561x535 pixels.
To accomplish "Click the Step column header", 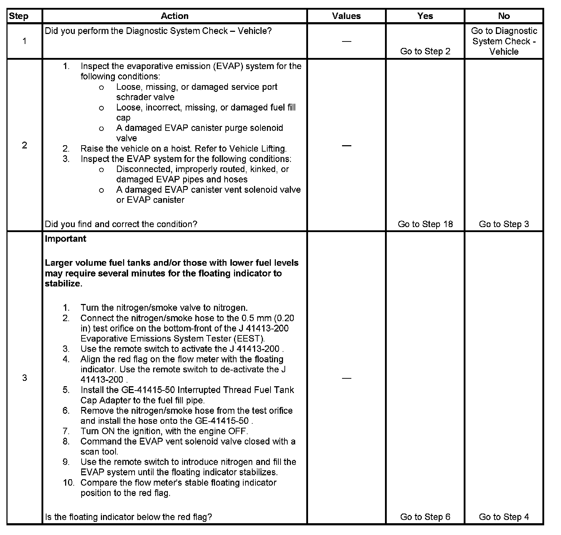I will tap(18, 16).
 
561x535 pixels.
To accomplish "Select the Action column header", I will tap(174, 16).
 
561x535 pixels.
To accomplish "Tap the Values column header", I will tap(346, 16).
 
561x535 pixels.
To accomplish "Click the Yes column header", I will tap(425, 16).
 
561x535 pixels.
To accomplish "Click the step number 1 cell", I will tap(24, 41).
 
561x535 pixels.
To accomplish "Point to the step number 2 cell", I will tap(24, 145).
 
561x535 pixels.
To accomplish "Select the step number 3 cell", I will tap(24, 378).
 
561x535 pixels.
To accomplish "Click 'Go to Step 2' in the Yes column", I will tap(425, 51).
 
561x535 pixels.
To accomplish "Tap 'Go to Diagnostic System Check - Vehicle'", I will tap(504, 41).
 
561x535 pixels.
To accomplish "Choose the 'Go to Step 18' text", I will tap(425, 224).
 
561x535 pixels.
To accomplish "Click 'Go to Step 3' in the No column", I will tap(504, 224).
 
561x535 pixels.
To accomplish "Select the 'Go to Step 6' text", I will tap(425, 517).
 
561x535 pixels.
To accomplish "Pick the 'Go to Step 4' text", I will tap(504, 517).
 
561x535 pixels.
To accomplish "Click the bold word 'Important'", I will tap(65, 239).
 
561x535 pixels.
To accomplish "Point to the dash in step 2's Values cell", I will tap(346, 145).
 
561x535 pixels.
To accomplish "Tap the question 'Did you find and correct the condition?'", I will tap(121, 224).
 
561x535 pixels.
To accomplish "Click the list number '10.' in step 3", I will tap(68, 483).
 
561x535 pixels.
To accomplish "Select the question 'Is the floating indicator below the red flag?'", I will tap(128, 517).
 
